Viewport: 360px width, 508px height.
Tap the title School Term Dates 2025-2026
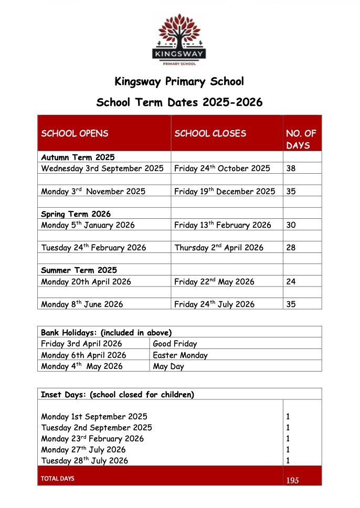point(179,102)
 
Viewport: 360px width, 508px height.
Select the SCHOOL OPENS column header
point(75,133)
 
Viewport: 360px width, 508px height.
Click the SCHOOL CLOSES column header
point(210,133)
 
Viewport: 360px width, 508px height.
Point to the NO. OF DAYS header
point(301,139)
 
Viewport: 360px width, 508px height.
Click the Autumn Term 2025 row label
point(78,157)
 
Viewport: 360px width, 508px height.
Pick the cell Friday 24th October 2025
point(222,168)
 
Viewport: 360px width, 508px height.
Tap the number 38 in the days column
point(291,168)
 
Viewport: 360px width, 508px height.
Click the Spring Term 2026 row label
point(76,214)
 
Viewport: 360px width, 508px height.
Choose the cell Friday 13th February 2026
point(223,225)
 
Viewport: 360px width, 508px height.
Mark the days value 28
point(291,247)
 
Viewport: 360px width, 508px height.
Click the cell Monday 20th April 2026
point(86,282)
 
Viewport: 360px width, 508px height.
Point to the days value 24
point(291,282)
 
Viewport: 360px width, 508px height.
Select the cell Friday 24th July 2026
point(214,304)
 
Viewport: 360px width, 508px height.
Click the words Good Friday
point(175,344)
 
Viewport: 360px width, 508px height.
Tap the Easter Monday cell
point(180,355)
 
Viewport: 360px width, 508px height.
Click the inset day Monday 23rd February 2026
point(92,439)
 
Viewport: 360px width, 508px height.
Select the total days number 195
point(293,480)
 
